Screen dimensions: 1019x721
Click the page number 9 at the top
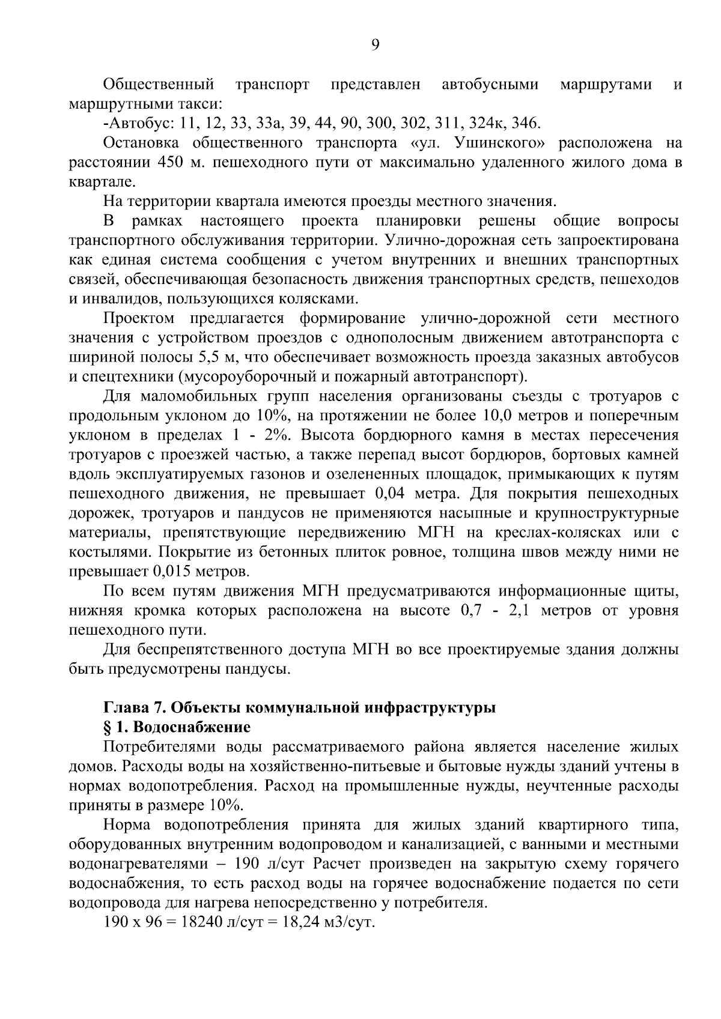tap(375, 46)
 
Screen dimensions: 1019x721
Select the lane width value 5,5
tap(210, 357)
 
